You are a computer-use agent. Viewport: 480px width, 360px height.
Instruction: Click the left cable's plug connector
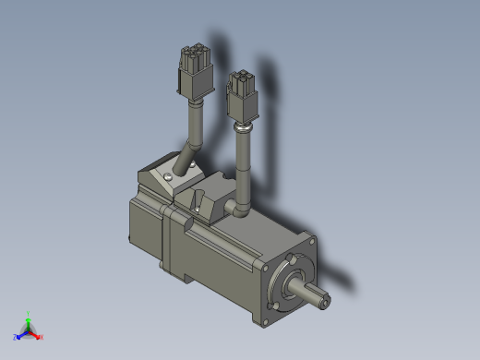pos(194,73)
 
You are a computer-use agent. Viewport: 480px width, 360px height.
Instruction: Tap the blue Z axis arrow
pos(20,335)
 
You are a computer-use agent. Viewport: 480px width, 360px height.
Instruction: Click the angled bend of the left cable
pos(192,148)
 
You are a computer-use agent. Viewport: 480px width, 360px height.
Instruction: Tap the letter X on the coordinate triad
pos(42,338)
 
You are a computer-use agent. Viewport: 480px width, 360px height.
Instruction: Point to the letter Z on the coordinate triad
pos(15,338)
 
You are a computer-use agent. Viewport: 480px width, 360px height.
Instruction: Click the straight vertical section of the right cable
pos(244,171)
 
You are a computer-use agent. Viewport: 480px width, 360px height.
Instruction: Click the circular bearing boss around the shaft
pos(294,282)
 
